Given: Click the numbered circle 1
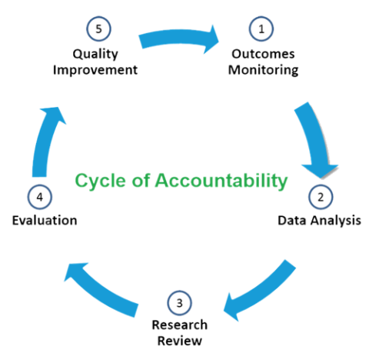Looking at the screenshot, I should tap(262, 29).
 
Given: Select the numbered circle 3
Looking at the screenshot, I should tap(178, 301).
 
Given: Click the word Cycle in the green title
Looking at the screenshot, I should tap(95, 181).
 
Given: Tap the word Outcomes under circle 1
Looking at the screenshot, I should tap(263, 55).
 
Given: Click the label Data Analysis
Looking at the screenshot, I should tap(318, 222).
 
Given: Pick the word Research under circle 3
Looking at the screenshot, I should tap(178, 325).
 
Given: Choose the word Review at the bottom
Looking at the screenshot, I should tap(178, 340).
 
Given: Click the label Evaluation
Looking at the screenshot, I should tap(45, 222).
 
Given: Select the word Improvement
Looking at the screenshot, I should tap(95, 70).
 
